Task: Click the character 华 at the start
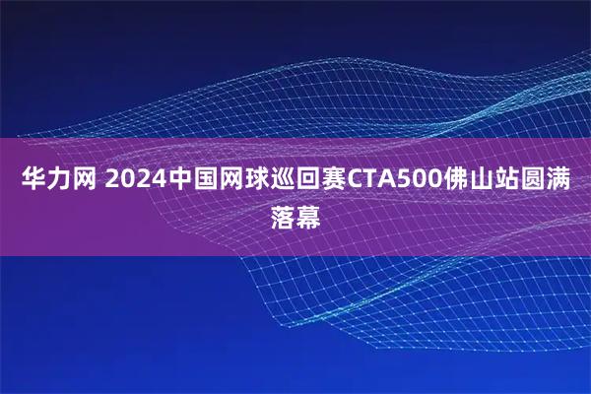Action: pyautogui.click(x=33, y=180)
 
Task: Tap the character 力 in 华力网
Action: pyautogui.click(x=58, y=180)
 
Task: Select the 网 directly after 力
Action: pyautogui.click(x=84, y=180)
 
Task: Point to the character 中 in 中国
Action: pyautogui.click(x=182, y=180)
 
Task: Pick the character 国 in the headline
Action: pyautogui.click(x=208, y=180)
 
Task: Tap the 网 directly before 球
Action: pyautogui.click(x=233, y=180)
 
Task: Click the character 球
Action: pyautogui.click(x=259, y=180)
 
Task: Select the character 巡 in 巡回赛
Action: pyautogui.click(x=285, y=180)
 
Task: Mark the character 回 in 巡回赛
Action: pyautogui.click(x=310, y=180)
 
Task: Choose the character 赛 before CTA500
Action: pyautogui.click(x=336, y=180)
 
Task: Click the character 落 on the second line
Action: pyautogui.click(x=283, y=214)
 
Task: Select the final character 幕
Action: pyautogui.click(x=308, y=214)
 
